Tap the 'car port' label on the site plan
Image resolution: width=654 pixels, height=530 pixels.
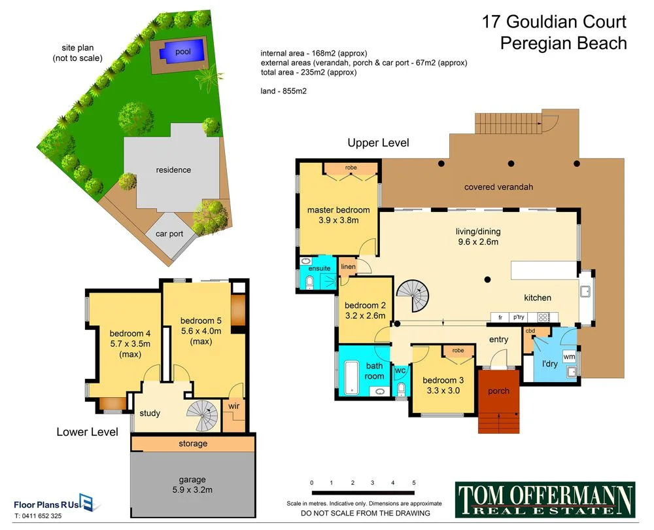[x=169, y=234]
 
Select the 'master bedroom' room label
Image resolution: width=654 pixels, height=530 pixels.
[x=338, y=210]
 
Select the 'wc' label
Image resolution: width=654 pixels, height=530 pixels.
[x=401, y=370]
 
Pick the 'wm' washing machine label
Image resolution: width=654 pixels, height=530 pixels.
[x=569, y=357]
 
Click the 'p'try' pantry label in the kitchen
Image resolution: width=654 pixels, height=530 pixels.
[x=519, y=317]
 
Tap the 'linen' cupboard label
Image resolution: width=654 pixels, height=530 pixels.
[x=348, y=267]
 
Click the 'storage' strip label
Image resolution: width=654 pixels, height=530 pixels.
[x=193, y=444]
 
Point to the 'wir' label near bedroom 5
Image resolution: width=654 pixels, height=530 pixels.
[x=233, y=406]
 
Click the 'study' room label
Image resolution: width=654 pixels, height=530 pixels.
[x=150, y=413]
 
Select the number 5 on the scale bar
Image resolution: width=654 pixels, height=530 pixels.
[x=414, y=483]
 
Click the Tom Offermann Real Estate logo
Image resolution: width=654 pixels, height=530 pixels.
[x=544, y=499]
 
